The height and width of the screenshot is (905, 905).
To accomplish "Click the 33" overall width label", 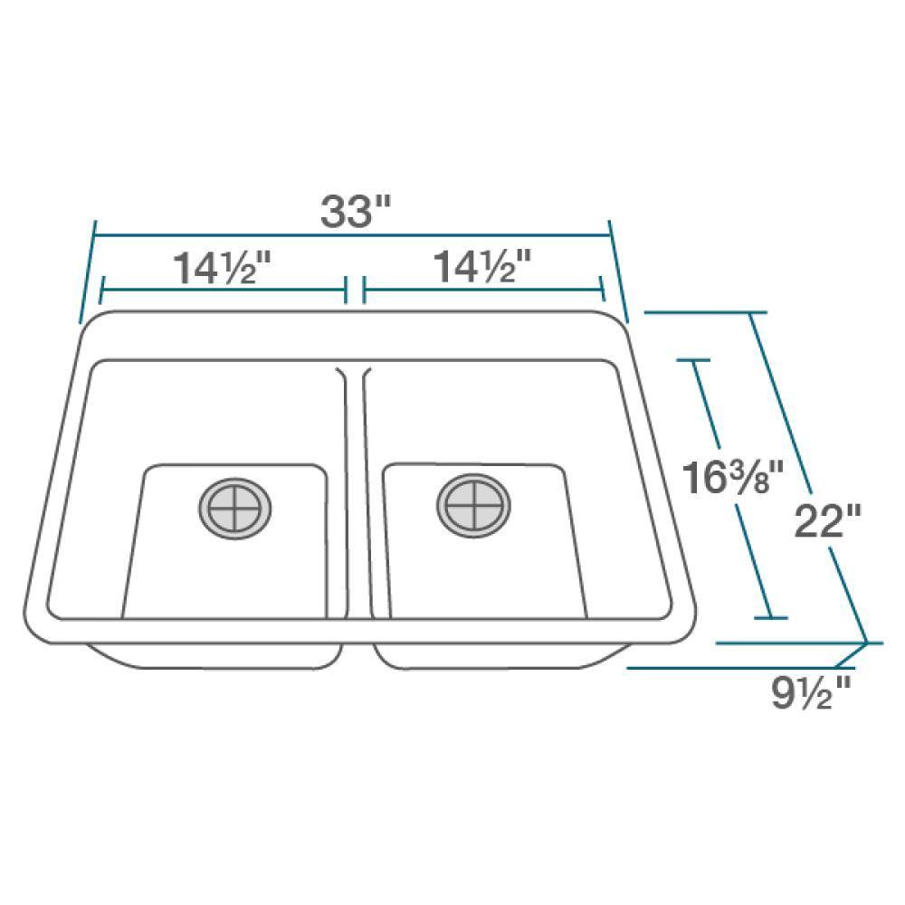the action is [x=356, y=211].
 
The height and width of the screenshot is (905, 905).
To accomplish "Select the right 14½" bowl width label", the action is [x=482, y=267].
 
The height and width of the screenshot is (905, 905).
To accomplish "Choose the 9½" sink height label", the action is [x=811, y=692].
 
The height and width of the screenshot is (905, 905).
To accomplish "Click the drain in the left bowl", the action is [x=235, y=509].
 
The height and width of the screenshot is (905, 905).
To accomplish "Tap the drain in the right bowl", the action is [x=474, y=506].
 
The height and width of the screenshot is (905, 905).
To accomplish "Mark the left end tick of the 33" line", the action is [x=88, y=271].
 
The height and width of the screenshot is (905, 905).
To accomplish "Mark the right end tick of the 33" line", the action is [x=618, y=271].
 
